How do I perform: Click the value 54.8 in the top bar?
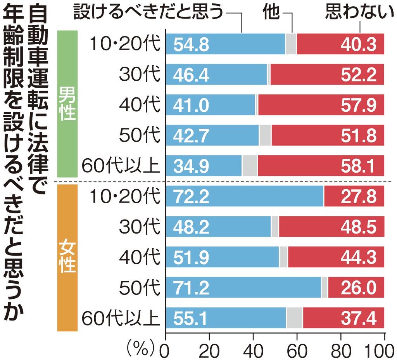(x=191, y=44)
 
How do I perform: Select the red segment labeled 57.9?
(x=321, y=105)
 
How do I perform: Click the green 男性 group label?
(x=67, y=105)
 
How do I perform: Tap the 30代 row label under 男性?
(x=139, y=74)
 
